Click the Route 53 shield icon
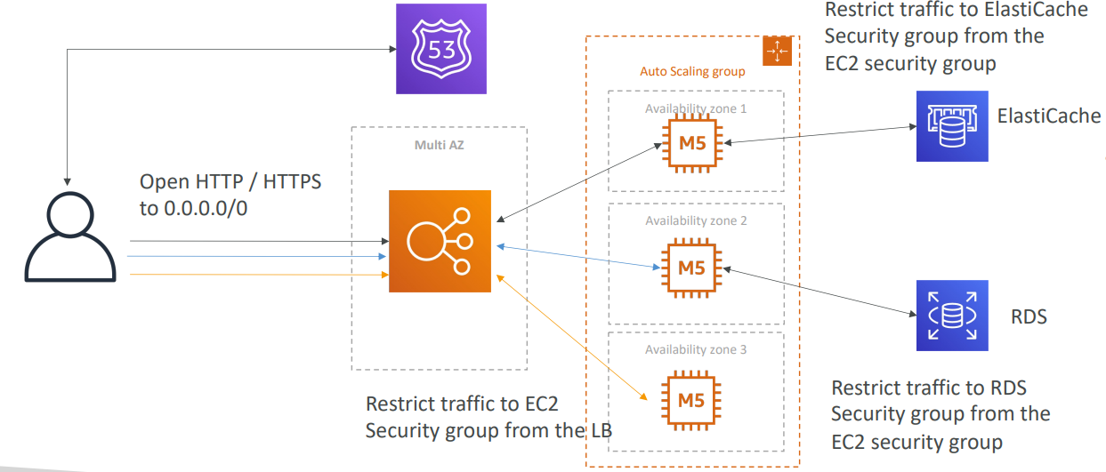441,49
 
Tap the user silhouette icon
70,236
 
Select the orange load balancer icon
440,241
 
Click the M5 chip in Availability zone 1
692,143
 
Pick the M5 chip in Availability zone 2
691,268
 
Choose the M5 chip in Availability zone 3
691,400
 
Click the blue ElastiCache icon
952,126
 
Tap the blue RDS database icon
952,316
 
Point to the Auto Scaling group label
693,71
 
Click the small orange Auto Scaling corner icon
777,51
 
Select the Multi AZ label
440,145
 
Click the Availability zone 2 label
696,221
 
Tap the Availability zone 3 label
696,349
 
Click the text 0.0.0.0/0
206,209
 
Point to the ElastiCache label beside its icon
1049,116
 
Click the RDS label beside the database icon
1029,316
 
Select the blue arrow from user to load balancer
257,257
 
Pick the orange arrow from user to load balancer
259,275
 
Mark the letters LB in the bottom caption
601,430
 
